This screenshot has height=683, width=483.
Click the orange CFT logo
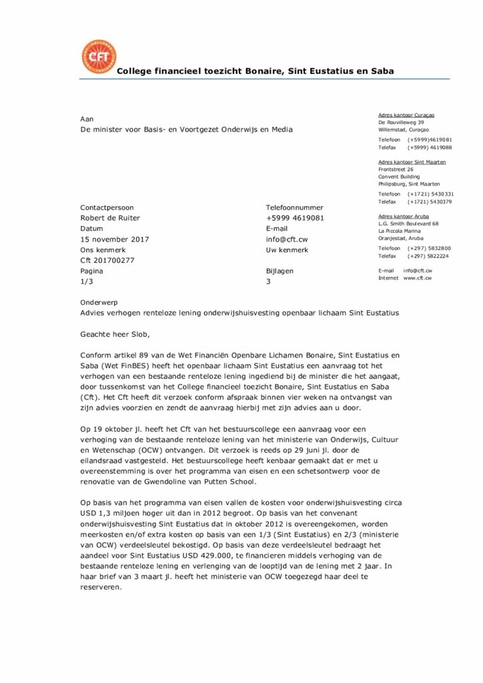(x=98, y=57)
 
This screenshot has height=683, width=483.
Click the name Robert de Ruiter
(x=110, y=218)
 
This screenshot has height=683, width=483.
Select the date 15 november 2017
(x=115, y=239)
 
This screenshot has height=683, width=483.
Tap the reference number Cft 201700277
(x=107, y=261)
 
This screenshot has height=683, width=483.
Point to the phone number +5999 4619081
(x=295, y=218)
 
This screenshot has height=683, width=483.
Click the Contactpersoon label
(x=107, y=207)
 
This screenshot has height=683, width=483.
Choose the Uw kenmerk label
(x=287, y=250)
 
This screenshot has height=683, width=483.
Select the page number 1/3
(x=87, y=282)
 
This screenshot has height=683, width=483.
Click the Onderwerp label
(x=99, y=302)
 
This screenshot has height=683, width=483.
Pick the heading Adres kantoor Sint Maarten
(x=412, y=162)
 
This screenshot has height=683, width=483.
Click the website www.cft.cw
(x=418, y=277)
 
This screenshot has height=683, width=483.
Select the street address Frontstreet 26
(x=396, y=169)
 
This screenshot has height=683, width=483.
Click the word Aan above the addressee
(x=87, y=118)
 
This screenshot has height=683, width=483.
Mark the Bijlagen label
(x=280, y=271)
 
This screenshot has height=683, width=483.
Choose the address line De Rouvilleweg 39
(x=401, y=123)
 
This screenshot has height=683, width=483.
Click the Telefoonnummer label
(x=294, y=207)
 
